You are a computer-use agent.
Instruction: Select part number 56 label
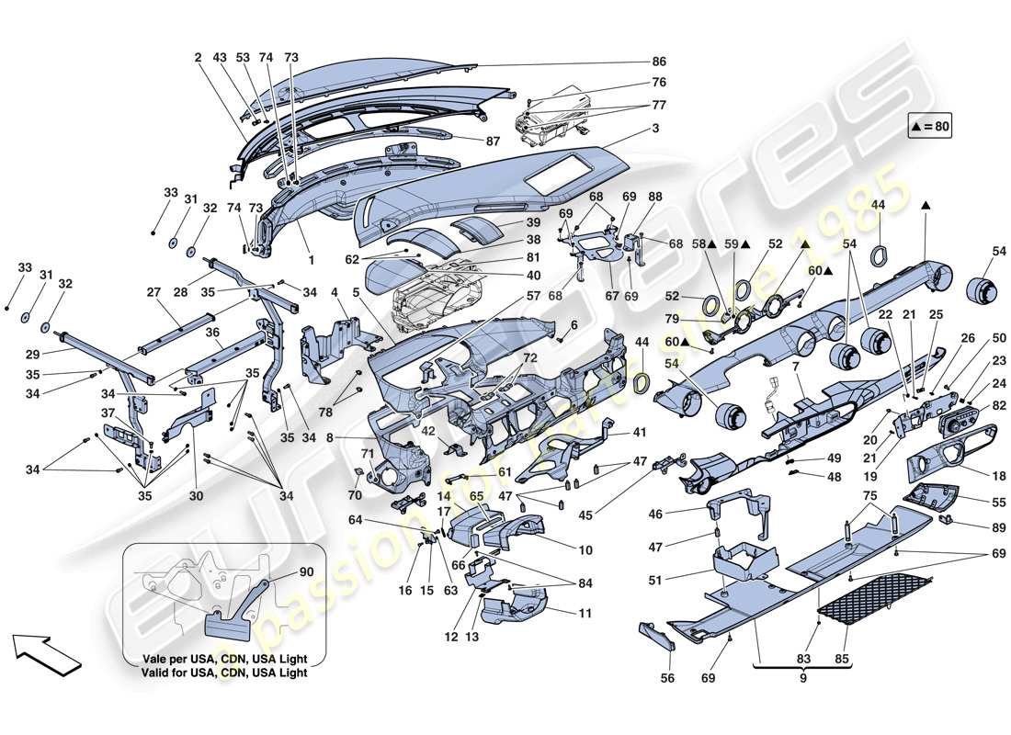[x=667, y=678]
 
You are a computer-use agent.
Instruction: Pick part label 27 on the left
[x=153, y=292]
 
